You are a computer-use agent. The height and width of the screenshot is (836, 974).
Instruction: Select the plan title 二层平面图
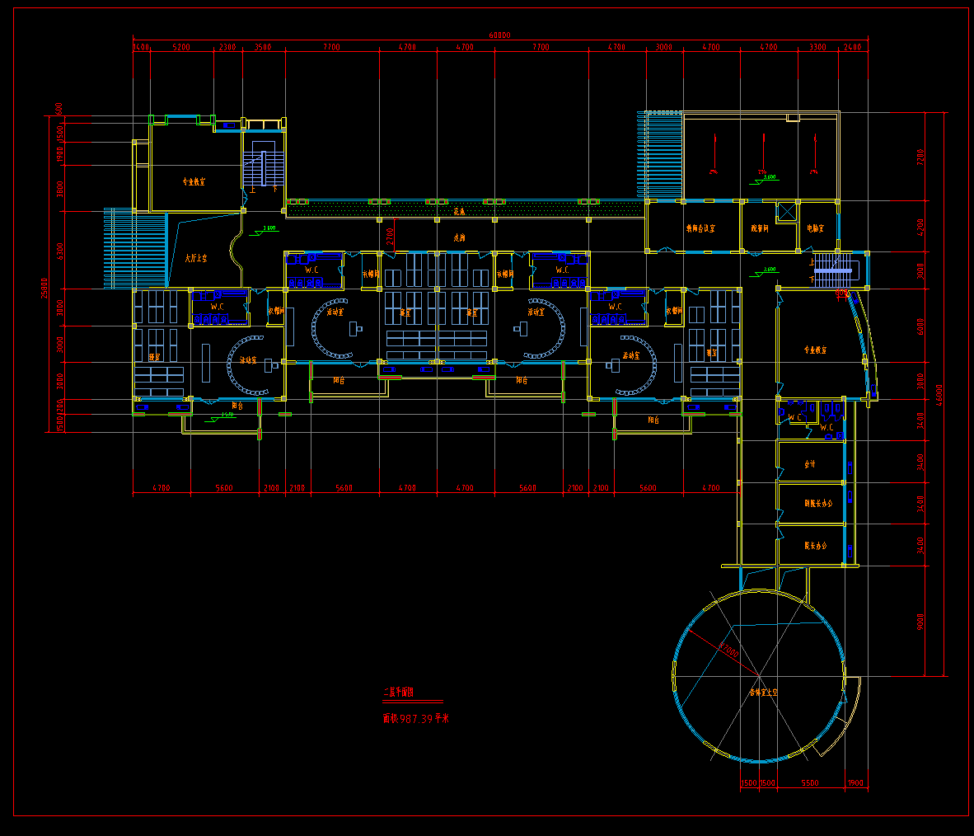click(x=399, y=692)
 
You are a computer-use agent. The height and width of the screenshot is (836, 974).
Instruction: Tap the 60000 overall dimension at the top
click(x=499, y=35)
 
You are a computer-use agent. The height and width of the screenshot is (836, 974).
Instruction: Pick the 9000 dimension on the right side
click(x=920, y=622)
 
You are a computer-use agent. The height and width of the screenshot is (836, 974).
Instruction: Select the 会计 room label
click(x=810, y=464)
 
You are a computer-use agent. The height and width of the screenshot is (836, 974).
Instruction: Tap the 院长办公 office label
click(x=816, y=546)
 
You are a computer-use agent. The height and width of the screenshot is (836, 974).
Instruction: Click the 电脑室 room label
click(x=815, y=228)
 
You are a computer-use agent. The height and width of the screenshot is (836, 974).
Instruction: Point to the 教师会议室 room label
click(x=700, y=228)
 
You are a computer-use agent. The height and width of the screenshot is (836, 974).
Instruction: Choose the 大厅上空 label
click(x=196, y=258)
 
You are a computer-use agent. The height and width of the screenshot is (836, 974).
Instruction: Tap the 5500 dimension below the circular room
click(x=809, y=783)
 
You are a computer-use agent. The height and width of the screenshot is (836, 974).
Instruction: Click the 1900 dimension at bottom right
click(x=855, y=783)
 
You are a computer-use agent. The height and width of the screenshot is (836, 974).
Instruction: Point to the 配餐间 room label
click(x=759, y=228)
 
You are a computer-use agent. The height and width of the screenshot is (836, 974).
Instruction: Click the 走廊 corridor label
click(x=459, y=237)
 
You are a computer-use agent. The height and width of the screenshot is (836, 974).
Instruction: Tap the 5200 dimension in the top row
click(x=181, y=48)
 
